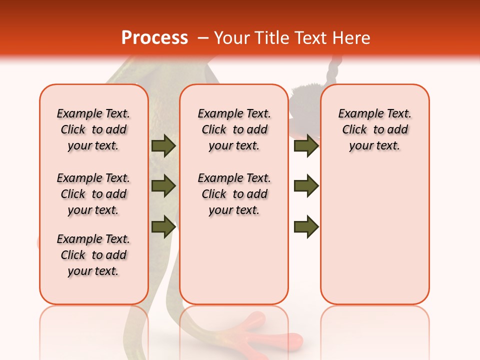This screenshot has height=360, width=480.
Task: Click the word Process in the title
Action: (x=154, y=38)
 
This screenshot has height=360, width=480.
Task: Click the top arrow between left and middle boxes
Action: (x=163, y=145)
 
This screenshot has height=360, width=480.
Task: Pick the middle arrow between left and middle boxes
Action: (x=163, y=186)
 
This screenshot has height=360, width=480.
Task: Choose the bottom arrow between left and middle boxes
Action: (x=163, y=226)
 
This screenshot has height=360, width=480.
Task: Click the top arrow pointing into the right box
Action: (x=306, y=145)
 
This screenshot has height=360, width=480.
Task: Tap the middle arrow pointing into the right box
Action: (x=306, y=186)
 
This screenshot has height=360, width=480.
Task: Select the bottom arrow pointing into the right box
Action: (x=306, y=226)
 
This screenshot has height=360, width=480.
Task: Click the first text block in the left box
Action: (x=93, y=129)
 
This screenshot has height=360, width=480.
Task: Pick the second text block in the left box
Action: (x=93, y=194)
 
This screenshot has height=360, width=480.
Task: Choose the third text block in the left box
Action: (x=93, y=255)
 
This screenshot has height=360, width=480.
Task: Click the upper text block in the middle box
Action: (x=234, y=129)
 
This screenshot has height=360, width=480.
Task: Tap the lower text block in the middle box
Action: (x=234, y=194)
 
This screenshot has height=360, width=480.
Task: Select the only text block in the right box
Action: (x=375, y=129)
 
